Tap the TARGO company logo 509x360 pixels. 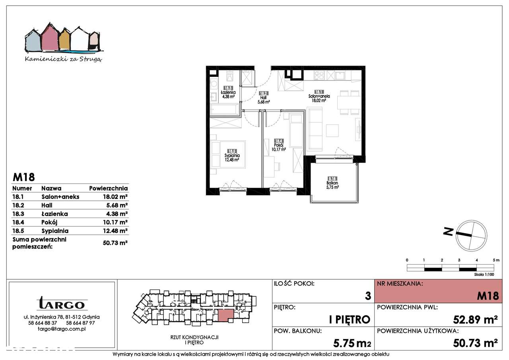(62, 304)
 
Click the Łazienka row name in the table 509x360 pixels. (54, 214)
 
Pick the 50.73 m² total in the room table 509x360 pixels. (115, 242)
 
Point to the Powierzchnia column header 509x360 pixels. (108, 188)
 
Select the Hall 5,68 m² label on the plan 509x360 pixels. (264, 98)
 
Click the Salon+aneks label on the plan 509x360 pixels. (319, 96)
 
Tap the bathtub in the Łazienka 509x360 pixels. (225, 109)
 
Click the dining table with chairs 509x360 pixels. (349, 102)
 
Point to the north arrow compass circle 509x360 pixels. (471, 235)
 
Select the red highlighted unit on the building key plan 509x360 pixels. (226, 315)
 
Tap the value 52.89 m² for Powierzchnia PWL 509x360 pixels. (476, 319)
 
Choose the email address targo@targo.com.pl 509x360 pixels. (62, 329)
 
